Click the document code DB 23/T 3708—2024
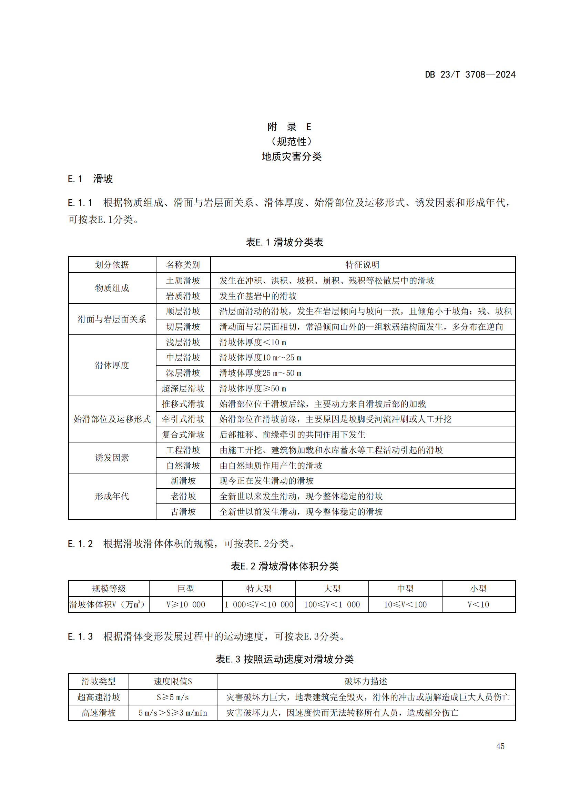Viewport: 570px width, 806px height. tap(470, 74)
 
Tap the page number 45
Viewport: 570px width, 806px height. tap(500, 746)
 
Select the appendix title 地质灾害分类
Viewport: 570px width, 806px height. tap(291, 156)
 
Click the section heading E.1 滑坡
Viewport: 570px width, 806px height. tap(90, 179)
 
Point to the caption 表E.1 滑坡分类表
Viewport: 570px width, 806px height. tap(284, 242)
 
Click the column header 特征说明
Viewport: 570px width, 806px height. tap(362, 265)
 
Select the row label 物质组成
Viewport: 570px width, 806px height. tap(112, 288)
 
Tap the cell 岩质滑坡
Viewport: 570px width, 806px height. tap(183, 296)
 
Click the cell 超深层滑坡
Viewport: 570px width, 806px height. tap(183, 388)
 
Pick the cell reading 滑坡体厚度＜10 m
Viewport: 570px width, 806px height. tap(252, 342)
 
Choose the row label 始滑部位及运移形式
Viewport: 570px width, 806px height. tap(112, 419)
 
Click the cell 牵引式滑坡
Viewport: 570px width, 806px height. tap(183, 419)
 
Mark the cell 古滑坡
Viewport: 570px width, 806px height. tap(183, 512)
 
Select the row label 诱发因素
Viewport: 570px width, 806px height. tap(112, 458)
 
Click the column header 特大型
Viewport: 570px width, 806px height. tap(259, 589)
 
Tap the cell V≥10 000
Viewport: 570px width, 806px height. tap(186, 604)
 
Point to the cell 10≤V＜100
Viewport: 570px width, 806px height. tap(405, 604)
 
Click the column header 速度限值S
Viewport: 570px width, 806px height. tap(173, 681)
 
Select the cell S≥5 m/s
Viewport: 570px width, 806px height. tap(173, 697)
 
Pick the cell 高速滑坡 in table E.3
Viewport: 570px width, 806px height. tap(99, 713)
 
